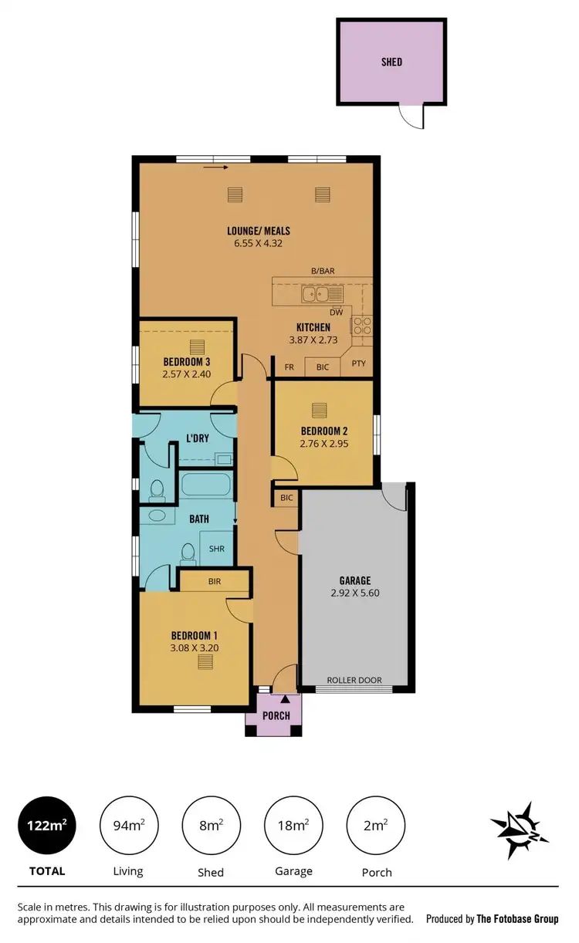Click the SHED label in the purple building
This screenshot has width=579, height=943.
coord(391,62)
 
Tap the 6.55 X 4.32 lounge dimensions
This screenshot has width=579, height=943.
coord(258,243)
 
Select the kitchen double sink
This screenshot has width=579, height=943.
coord(317,293)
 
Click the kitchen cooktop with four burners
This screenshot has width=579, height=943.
coord(362,325)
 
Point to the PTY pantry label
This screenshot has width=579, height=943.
coord(358,367)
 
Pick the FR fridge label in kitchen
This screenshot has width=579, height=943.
coord(290,367)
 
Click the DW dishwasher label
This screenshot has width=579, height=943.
coord(336,313)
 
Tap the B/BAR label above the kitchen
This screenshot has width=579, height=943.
coord(323,271)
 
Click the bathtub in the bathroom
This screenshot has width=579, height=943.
coord(206,487)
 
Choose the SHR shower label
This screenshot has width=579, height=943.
coord(218,549)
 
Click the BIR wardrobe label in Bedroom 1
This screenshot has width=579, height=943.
coord(214,581)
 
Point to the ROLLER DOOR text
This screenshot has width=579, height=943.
coord(354,680)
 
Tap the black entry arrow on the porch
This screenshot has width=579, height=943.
coord(286,699)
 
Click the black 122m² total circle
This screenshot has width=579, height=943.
coord(46,826)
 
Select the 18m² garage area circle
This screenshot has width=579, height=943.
coord(293,826)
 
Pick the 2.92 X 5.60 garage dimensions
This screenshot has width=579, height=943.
coord(355,593)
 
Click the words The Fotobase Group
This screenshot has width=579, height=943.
coord(516,919)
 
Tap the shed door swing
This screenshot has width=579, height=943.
coord(411,117)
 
